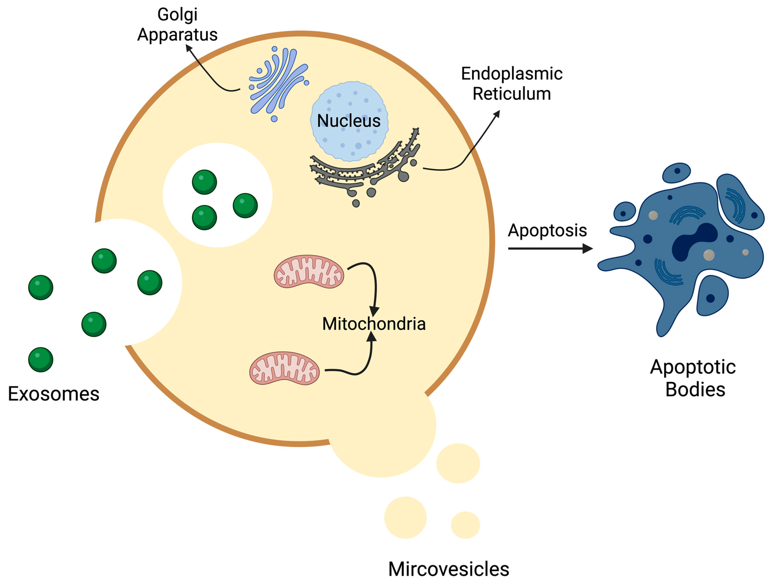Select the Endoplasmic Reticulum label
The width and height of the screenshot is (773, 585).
coord(511,84)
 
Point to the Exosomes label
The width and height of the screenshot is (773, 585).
coord(54,394)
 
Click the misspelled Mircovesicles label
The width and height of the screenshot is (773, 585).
coord(448,569)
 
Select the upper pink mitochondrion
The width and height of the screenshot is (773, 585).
coord(309,272)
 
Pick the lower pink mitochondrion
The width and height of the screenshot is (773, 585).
coord(284,368)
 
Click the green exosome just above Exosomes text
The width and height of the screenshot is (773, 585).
coord(41,359)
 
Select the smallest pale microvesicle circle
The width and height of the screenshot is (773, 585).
coord(465,525)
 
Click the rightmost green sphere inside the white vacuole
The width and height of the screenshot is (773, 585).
coord(245,206)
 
